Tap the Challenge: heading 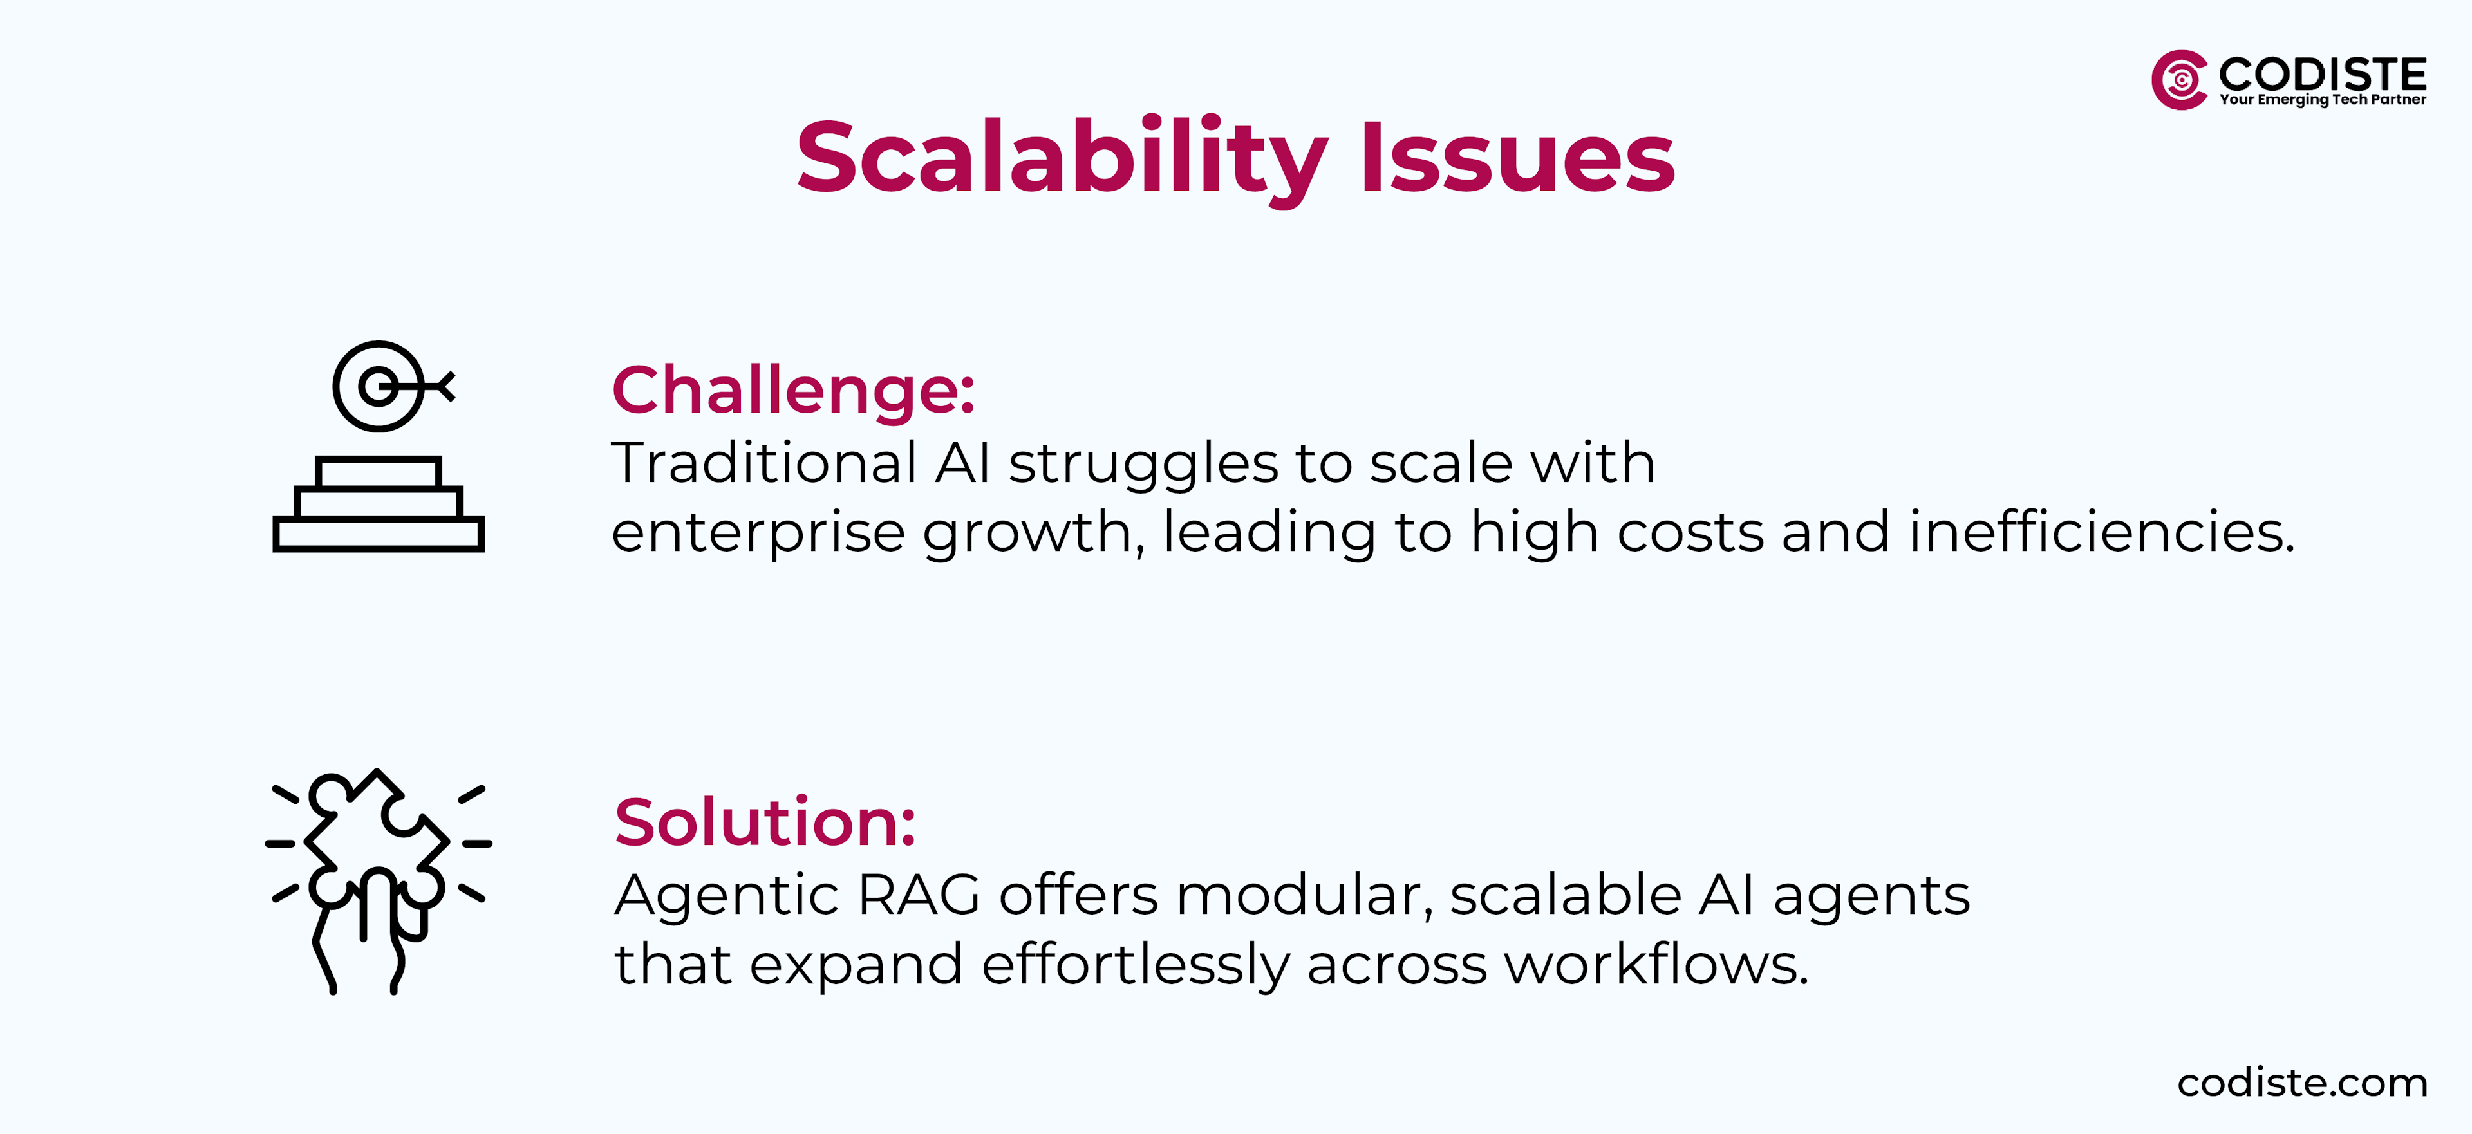(792, 391)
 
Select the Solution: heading (765, 823)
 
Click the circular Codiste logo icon (2179, 80)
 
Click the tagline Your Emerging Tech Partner (2322, 100)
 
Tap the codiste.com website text (2301, 1083)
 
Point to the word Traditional (764, 463)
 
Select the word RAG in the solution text (919, 895)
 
